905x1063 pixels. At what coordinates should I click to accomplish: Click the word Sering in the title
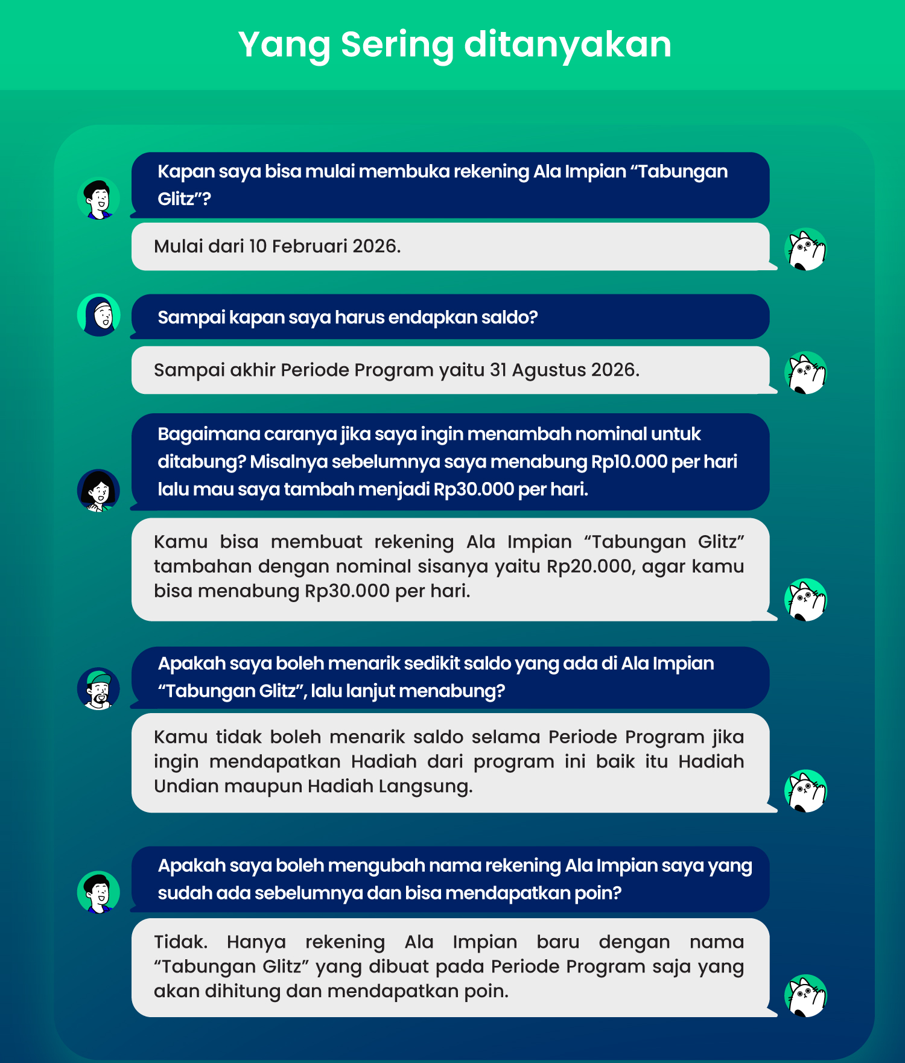[396, 45]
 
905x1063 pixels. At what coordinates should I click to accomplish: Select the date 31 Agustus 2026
[564, 370]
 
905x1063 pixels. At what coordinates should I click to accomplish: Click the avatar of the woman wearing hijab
[99, 315]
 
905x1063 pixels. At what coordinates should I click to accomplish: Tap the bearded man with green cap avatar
[99, 689]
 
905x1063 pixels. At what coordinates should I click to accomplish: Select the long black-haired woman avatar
[99, 490]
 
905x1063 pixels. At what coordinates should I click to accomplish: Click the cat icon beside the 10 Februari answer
[805, 249]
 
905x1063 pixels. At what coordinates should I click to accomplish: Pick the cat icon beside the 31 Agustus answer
[805, 373]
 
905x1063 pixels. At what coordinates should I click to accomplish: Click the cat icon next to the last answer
[805, 995]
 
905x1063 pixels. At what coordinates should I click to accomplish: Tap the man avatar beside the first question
[99, 198]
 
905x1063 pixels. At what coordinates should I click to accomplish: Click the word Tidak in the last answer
[180, 942]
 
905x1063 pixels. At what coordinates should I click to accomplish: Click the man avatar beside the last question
[99, 892]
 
